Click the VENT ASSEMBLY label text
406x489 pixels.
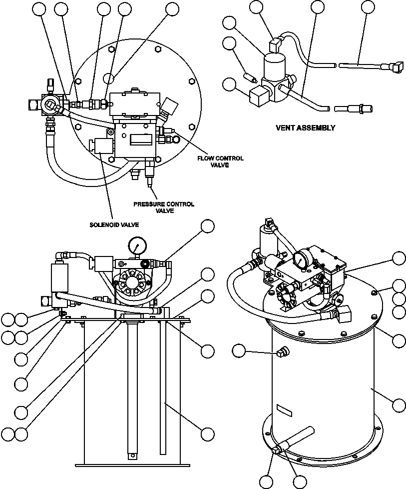305,127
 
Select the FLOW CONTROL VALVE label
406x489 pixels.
220,161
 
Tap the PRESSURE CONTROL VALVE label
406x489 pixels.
163,207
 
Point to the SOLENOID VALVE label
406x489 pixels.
114,224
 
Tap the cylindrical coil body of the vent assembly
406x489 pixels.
274,66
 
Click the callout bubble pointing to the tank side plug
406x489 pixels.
239,351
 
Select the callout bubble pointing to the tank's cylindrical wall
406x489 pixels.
399,404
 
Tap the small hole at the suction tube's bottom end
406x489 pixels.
131,455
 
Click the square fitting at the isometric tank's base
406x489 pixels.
277,452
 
